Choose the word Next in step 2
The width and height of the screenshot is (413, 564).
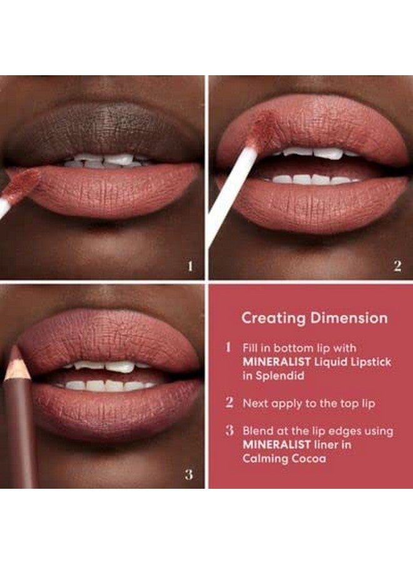tap(256, 403)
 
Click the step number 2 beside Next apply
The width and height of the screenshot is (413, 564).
tap(229, 402)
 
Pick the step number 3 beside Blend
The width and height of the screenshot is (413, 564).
tap(229, 431)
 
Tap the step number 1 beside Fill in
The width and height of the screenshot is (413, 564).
tap(229, 347)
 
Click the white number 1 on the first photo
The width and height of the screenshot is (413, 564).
tap(190, 266)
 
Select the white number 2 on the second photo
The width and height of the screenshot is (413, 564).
tap(397, 266)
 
